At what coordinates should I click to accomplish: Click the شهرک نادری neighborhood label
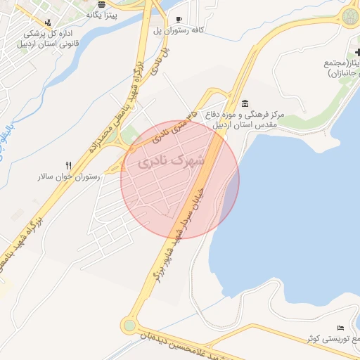click(x=172, y=161)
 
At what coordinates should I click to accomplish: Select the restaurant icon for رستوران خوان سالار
click(x=68, y=165)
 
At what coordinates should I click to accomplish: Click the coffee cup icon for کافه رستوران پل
click(x=179, y=20)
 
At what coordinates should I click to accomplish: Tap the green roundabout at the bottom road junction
click(x=129, y=326)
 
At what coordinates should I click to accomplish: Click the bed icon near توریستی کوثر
click(x=340, y=328)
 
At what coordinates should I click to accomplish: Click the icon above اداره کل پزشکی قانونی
click(x=46, y=22)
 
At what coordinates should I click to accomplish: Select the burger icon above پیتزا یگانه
click(x=102, y=4)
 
